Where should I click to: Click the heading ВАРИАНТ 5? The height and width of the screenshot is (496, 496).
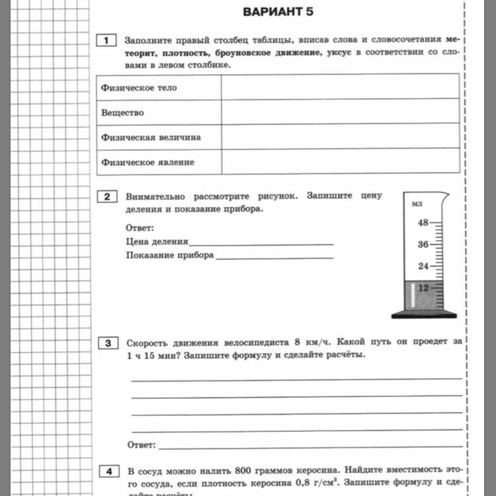point(278,12)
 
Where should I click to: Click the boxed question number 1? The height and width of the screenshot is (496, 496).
point(106,41)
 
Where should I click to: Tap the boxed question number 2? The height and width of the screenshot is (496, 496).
point(106,196)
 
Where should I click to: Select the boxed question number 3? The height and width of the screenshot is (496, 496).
point(106,343)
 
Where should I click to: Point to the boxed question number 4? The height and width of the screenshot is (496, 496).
point(106,472)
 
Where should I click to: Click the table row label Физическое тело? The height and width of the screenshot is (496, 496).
point(139,87)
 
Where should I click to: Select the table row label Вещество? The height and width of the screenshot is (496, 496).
point(122,112)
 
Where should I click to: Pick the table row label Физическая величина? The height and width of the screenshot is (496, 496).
point(151,138)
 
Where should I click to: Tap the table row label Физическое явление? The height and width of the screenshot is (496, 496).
point(147,162)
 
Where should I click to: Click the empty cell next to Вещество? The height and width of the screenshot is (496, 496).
point(340,112)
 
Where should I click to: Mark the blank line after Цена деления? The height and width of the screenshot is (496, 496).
point(261,243)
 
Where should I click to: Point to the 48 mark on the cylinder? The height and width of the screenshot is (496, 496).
point(423,223)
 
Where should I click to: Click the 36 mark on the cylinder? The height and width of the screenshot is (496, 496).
point(423,245)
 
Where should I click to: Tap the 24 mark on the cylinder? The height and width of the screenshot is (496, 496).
point(423,267)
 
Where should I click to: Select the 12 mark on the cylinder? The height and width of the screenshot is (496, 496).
point(423,288)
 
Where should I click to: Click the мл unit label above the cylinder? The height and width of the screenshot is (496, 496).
point(417,204)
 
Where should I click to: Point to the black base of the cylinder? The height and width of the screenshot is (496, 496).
point(424,315)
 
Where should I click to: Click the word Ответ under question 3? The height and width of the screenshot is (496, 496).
point(141,444)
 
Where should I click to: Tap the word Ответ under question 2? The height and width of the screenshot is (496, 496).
point(139,228)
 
